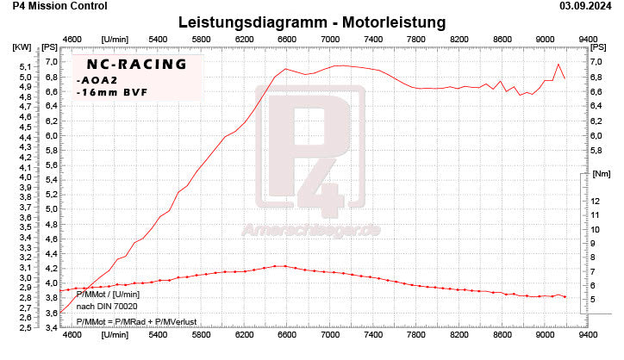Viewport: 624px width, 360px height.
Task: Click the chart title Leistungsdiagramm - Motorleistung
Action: tap(311, 21)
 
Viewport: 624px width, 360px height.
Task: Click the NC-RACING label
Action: tap(130, 64)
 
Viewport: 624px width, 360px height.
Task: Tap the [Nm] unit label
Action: tap(600, 173)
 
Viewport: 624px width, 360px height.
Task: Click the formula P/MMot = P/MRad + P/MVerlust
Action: tap(136, 321)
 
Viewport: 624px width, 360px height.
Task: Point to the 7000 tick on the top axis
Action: tap(330, 38)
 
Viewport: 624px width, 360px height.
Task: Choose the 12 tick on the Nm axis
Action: tap(596, 202)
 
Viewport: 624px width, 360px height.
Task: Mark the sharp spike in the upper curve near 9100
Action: tap(558, 64)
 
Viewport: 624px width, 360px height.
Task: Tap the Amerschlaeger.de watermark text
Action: tap(312, 231)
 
